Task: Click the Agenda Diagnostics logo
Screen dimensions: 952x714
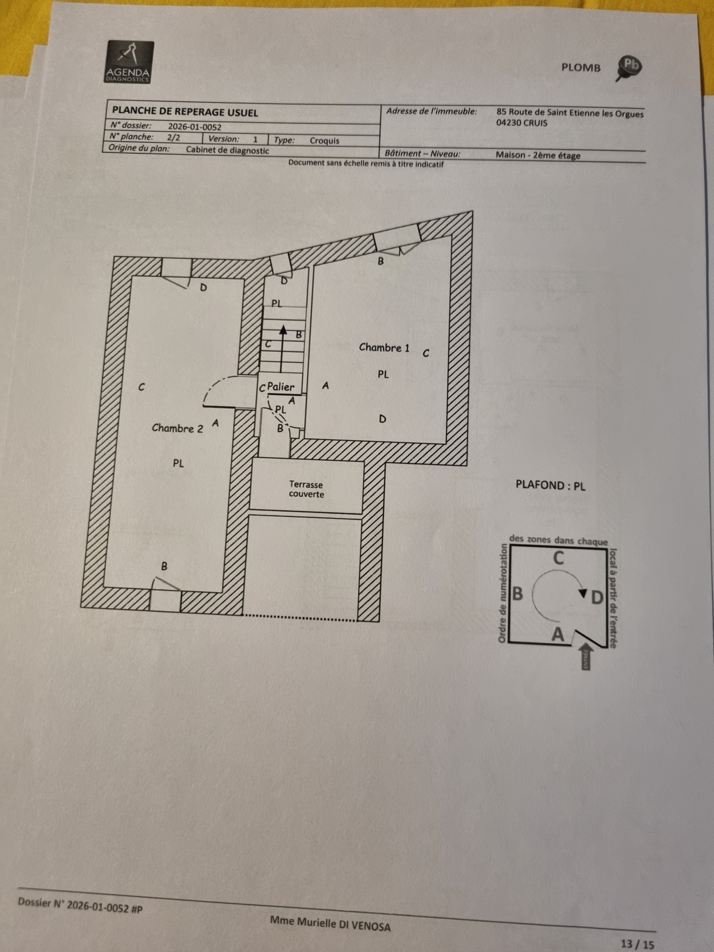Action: pos(130,62)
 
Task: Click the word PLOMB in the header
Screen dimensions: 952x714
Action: pos(581,67)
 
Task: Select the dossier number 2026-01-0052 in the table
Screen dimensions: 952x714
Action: pos(194,127)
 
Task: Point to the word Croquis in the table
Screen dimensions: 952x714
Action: pos(324,141)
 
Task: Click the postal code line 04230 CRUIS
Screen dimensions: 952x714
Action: pos(522,123)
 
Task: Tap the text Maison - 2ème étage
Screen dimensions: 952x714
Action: pos(538,155)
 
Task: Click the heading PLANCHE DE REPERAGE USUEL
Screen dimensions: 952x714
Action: pos(185,112)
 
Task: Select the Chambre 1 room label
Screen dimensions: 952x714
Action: pos(384,348)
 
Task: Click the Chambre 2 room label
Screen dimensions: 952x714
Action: pos(177,428)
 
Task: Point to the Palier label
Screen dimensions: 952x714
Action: pos(281,387)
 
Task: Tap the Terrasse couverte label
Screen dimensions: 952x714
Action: pos(306,489)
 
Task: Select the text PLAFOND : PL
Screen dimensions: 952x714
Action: pos(550,485)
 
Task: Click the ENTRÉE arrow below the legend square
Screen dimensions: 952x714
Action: pos(586,656)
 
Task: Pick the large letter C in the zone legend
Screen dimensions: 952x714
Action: pos(559,558)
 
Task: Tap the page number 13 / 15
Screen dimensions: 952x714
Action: pos(637,944)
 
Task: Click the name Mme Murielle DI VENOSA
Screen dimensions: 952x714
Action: pos(330,923)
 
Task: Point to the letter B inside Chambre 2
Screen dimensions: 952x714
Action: pos(164,566)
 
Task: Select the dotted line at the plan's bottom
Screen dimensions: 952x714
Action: pos(300,618)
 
